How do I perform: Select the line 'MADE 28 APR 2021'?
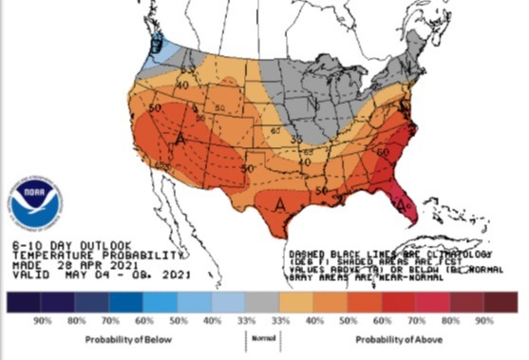[59, 265]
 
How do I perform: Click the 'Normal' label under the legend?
[264, 337]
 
